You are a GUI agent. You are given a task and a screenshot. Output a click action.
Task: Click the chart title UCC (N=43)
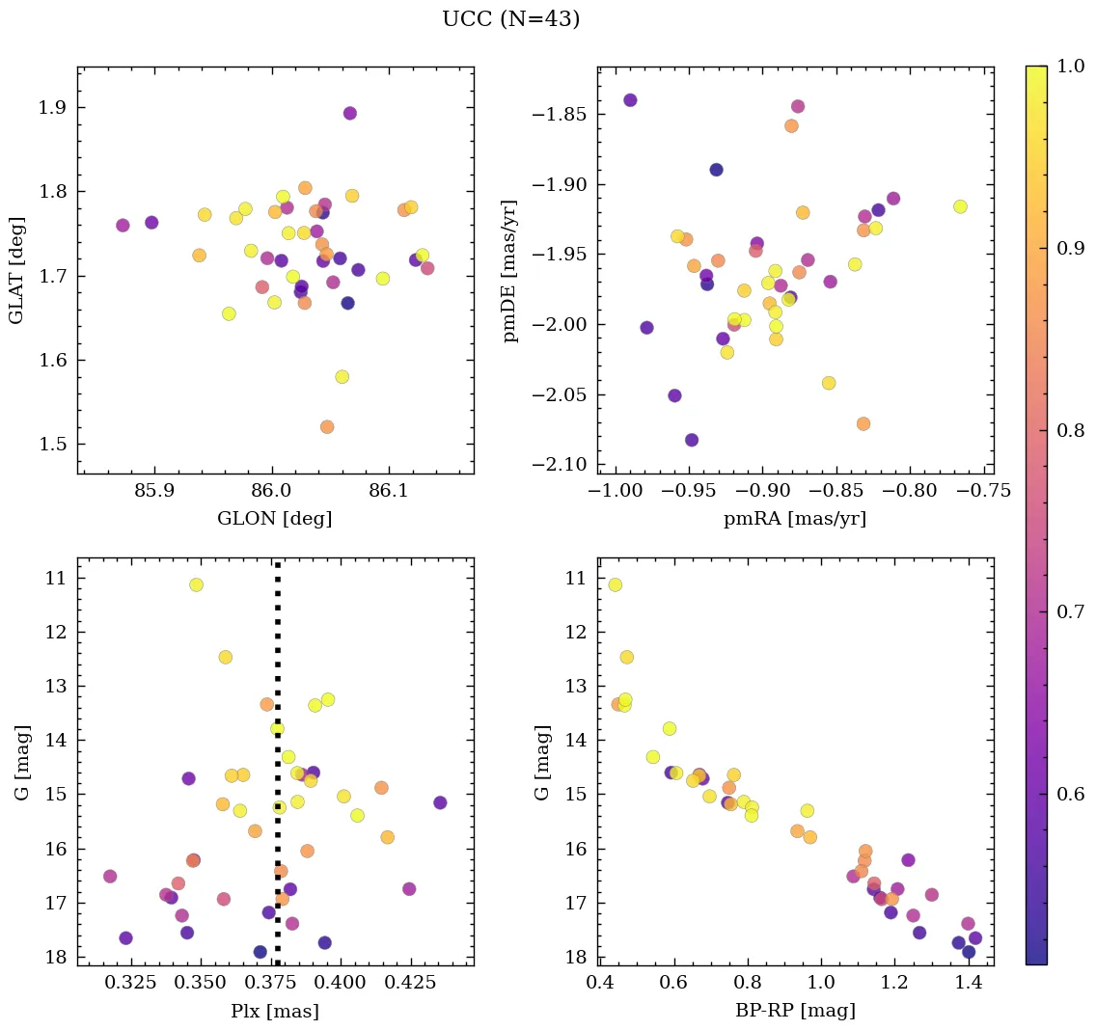(x=510, y=19)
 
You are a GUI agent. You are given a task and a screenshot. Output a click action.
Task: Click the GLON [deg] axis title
(x=275, y=519)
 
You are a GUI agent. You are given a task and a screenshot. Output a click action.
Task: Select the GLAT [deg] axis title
(x=17, y=270)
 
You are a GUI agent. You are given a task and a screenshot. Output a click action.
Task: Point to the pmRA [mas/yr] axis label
(x=795, y=519)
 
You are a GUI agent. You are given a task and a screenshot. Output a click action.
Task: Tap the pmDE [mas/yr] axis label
(x=511, y=270)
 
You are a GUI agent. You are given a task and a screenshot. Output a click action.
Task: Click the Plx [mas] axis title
(x=275, y=1011)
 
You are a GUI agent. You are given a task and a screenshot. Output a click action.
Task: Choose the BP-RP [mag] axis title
(x=795, y=1011)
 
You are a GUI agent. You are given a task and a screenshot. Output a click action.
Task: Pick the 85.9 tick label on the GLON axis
(x=154, y=491)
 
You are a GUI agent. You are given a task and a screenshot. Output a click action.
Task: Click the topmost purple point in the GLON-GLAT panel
(x=350, y=113)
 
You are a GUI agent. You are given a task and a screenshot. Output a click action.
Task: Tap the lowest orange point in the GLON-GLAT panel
(x=327, y=427)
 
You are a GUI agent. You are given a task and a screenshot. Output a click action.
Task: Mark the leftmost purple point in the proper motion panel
(x=630, y=100)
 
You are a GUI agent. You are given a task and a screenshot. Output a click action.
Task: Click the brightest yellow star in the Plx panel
(x=197, y=584)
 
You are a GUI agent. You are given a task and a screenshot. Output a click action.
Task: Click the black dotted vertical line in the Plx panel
(x=278, y=675)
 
